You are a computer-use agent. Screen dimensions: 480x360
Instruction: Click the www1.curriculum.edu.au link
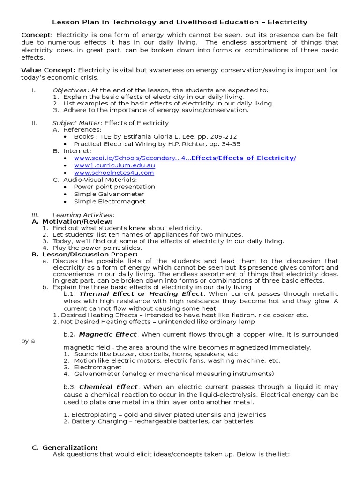[x=114, y=165]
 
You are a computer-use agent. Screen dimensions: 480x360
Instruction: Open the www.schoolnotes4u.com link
[x=113, y=172]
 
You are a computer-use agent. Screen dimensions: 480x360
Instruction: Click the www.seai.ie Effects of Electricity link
[x=185, y=158]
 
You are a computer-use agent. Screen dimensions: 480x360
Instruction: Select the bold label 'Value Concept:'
[x=49, y=70]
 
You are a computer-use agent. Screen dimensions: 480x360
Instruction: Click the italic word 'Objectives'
[x=69, y=90]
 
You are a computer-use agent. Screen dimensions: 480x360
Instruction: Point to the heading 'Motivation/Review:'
[x=77, y=221]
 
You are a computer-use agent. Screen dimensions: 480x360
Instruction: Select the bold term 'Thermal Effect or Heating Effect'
[x=142, y=294]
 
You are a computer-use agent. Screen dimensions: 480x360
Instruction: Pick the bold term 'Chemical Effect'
[x=109, y=387]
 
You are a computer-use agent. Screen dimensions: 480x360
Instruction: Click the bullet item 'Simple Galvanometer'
[x=109, y=194]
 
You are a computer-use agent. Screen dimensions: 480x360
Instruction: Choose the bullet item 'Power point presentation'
[x=114, y=187]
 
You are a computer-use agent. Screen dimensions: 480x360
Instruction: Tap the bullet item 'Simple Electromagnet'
[x=110, y=202]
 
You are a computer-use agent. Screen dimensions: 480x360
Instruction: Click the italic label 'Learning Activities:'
[x=83, y=215]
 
